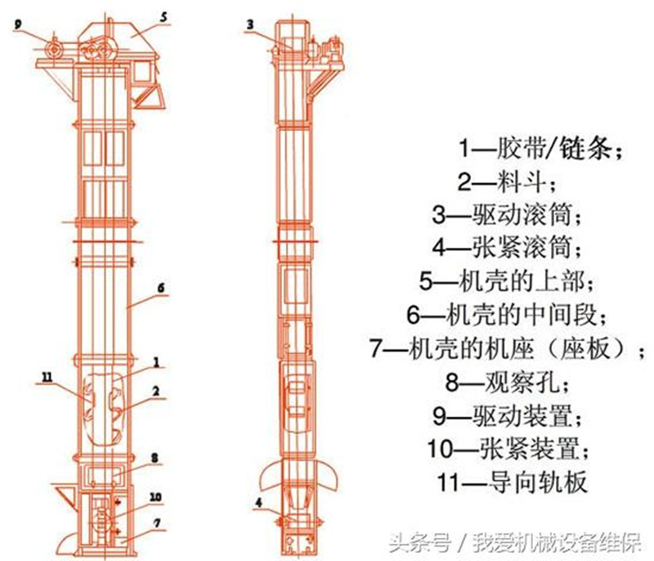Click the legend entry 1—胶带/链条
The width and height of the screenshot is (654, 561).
pyautogui.click(x=540, y=150)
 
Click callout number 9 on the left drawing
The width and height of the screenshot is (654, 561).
pyautogui.click(x=17, y=24)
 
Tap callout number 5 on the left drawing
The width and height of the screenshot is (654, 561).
pyautogui.click(x=163, y=16)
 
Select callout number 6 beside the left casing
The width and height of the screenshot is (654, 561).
pyautogui.click(x=161, y=289)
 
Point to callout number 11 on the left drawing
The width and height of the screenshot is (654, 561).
pyautogui.click(x=46, y=376)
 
